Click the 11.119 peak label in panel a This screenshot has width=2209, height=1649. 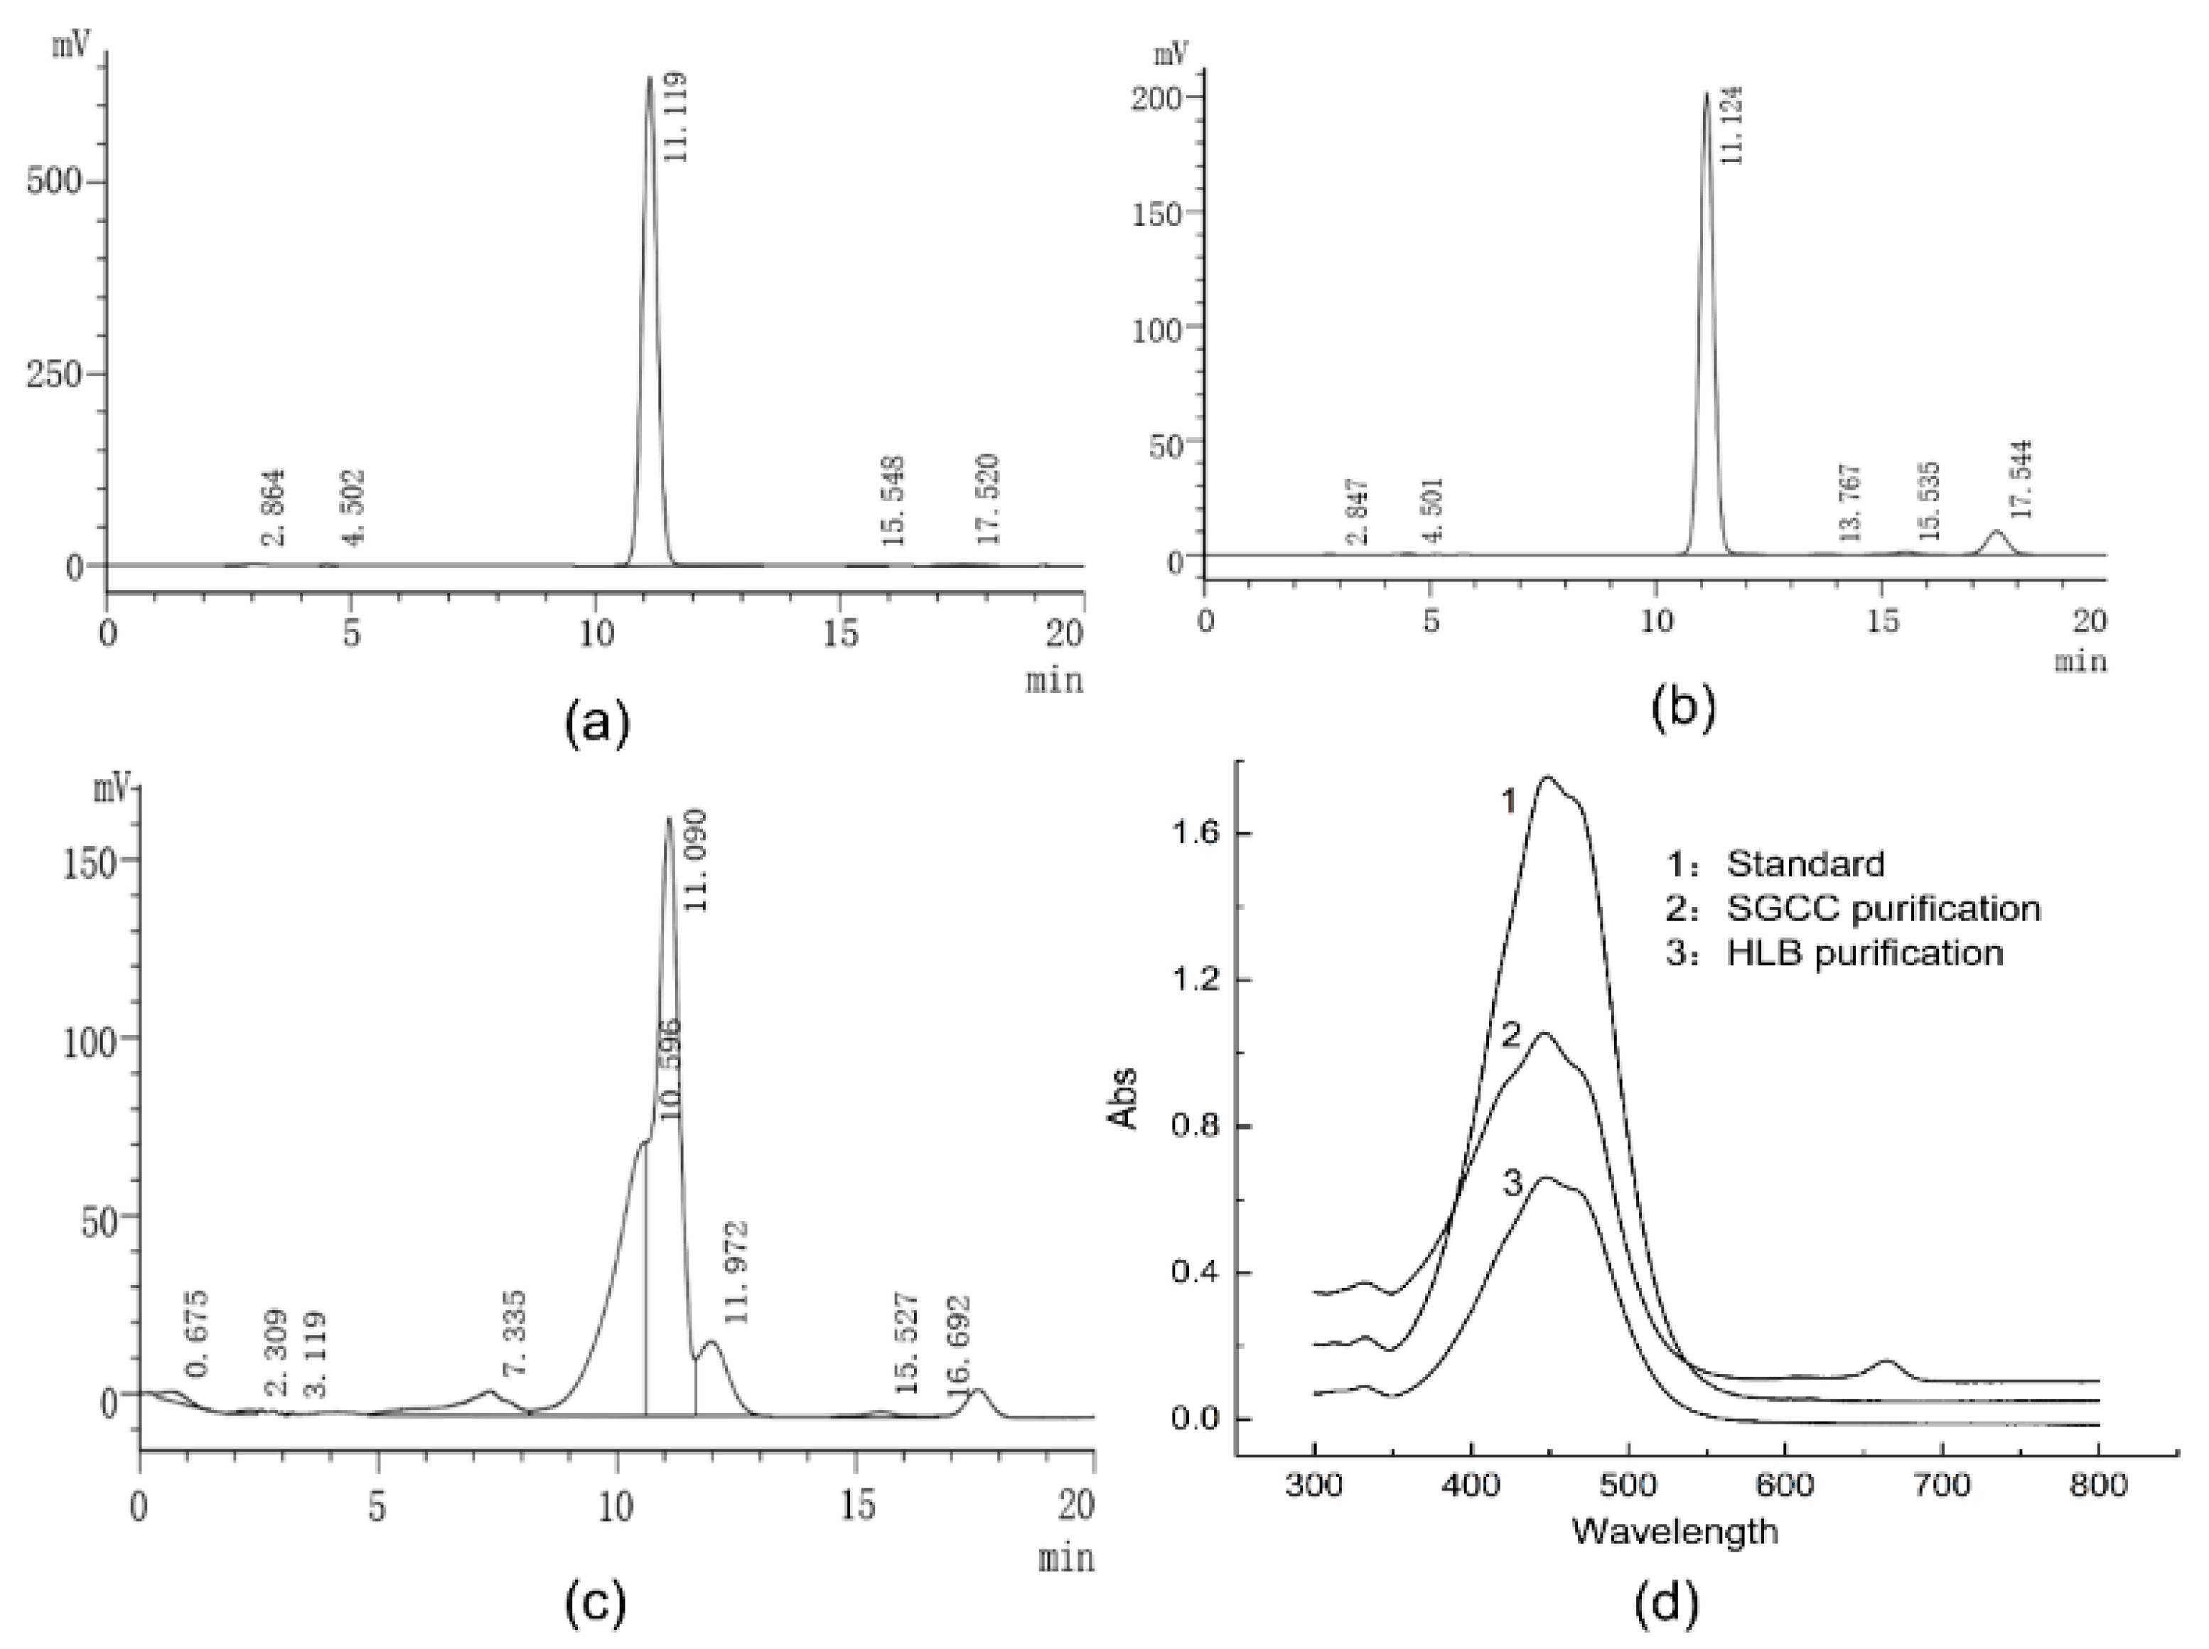pos(676,116)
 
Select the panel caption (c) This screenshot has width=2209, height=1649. pos(596,1603)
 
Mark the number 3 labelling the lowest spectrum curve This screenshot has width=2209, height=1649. pos(1512,1185)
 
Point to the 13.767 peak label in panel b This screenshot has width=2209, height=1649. pos(1849,502)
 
